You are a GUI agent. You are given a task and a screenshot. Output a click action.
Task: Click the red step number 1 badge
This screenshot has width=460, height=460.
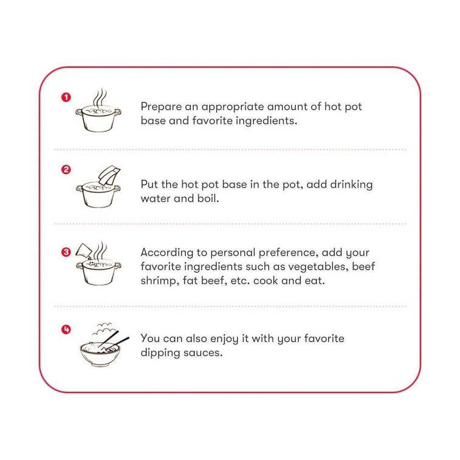(66, 97)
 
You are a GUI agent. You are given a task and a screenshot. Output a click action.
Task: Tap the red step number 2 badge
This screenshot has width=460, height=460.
(66, 170)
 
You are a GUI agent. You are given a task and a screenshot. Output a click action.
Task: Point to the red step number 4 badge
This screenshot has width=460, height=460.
(66, 329)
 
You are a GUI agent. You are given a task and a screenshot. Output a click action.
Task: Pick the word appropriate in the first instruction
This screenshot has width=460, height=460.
(236, 107)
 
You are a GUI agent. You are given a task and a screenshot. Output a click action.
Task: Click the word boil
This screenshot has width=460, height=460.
(207, 199)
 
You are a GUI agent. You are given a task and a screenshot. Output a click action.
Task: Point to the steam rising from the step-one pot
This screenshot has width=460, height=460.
(101, 97)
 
